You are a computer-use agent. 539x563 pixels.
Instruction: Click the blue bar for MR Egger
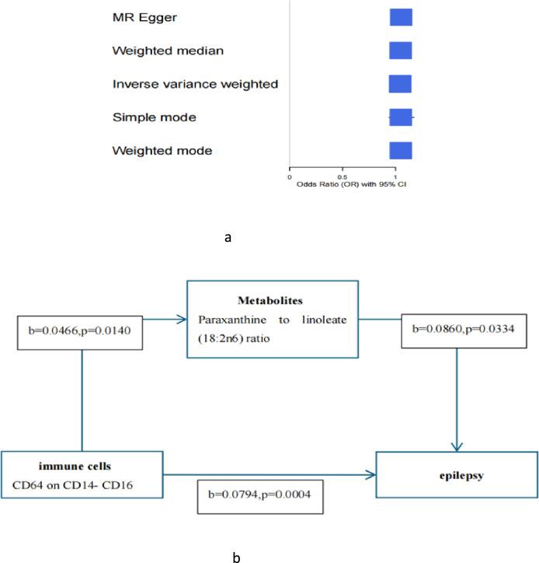click(x=400, y=17)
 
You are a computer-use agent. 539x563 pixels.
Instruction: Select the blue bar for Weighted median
click(x=400, y=51)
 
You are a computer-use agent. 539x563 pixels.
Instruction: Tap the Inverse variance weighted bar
click(x=399, y=83)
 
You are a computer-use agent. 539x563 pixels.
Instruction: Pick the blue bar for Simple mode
click(x=400, y=117)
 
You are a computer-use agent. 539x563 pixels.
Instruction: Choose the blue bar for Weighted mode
click(x=400, y=150)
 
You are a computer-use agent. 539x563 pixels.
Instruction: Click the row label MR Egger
click(x=144, y=17)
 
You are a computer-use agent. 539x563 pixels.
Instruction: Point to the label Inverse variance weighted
click(x=194, y=83)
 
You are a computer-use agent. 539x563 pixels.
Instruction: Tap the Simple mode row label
click(x=154, y=117)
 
